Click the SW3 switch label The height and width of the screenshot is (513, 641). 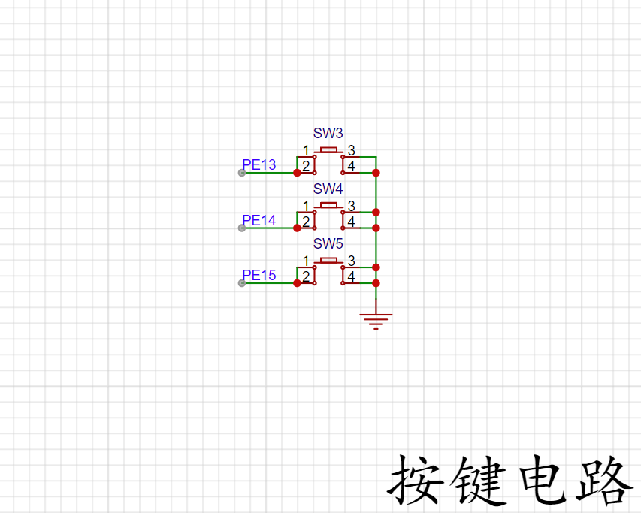point(328,134)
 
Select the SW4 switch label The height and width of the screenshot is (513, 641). point(328,189)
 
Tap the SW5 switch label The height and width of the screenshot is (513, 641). point(328,244)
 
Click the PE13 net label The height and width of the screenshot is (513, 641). point(259,165)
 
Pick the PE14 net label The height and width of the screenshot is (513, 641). point(259,220)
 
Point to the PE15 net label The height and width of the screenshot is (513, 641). point(259,276)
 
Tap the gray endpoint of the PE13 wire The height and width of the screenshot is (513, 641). point(241,173)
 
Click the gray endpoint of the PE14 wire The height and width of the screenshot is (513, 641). point(241,228)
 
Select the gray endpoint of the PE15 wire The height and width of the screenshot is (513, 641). point(241,283)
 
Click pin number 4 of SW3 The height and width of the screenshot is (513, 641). point(351,165)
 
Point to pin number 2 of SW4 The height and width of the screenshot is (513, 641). point(306,221)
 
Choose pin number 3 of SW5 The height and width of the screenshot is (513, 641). point(351,261)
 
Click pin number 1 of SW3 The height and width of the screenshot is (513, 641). point(306,150)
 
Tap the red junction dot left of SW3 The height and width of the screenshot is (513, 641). point(298,173)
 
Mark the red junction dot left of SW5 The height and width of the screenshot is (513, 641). point(298,283)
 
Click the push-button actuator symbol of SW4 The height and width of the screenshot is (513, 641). point(328,204)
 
